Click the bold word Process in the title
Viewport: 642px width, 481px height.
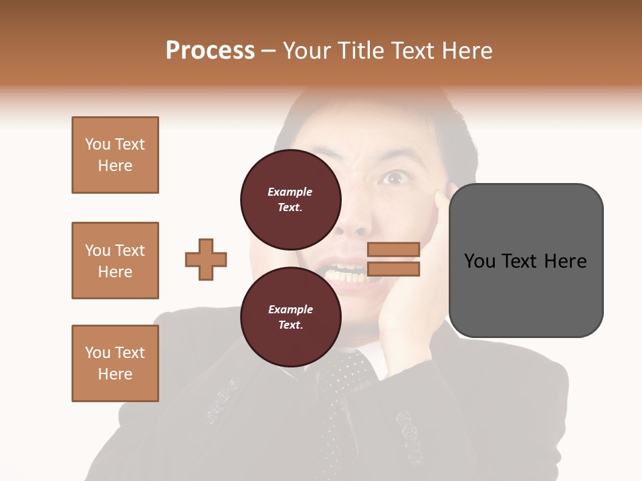pyautogui.click(x=210, y=51)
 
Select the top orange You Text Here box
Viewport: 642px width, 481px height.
pyautogui.click(x=115, y=155)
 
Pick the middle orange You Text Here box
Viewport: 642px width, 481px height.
pyautogui.click(x=115, y=261)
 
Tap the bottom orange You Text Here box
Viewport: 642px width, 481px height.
pyautogui.click(x=115, y=363)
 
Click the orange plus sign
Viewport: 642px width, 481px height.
pyautogui.click(x=206, y=259)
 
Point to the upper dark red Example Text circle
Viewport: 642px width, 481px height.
pyautogui.click(x=290, y=199)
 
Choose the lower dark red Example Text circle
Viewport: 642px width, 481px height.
pyautogui.click(x=290, y=317)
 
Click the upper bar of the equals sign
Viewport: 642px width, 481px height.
pyautogui.click(x=393, y=249)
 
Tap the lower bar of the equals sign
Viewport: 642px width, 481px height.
pyautogui.click(x=393, y=269)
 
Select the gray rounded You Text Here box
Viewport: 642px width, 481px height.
pyautogui.click(x=526, y=260)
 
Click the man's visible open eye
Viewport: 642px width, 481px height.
pyautogui.click(x=394, y=178)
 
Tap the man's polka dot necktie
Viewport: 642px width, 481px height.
pyautogui.click(x=343, y=387)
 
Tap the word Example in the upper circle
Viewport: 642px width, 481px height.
pyautogui.click(x=290, y=192)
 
